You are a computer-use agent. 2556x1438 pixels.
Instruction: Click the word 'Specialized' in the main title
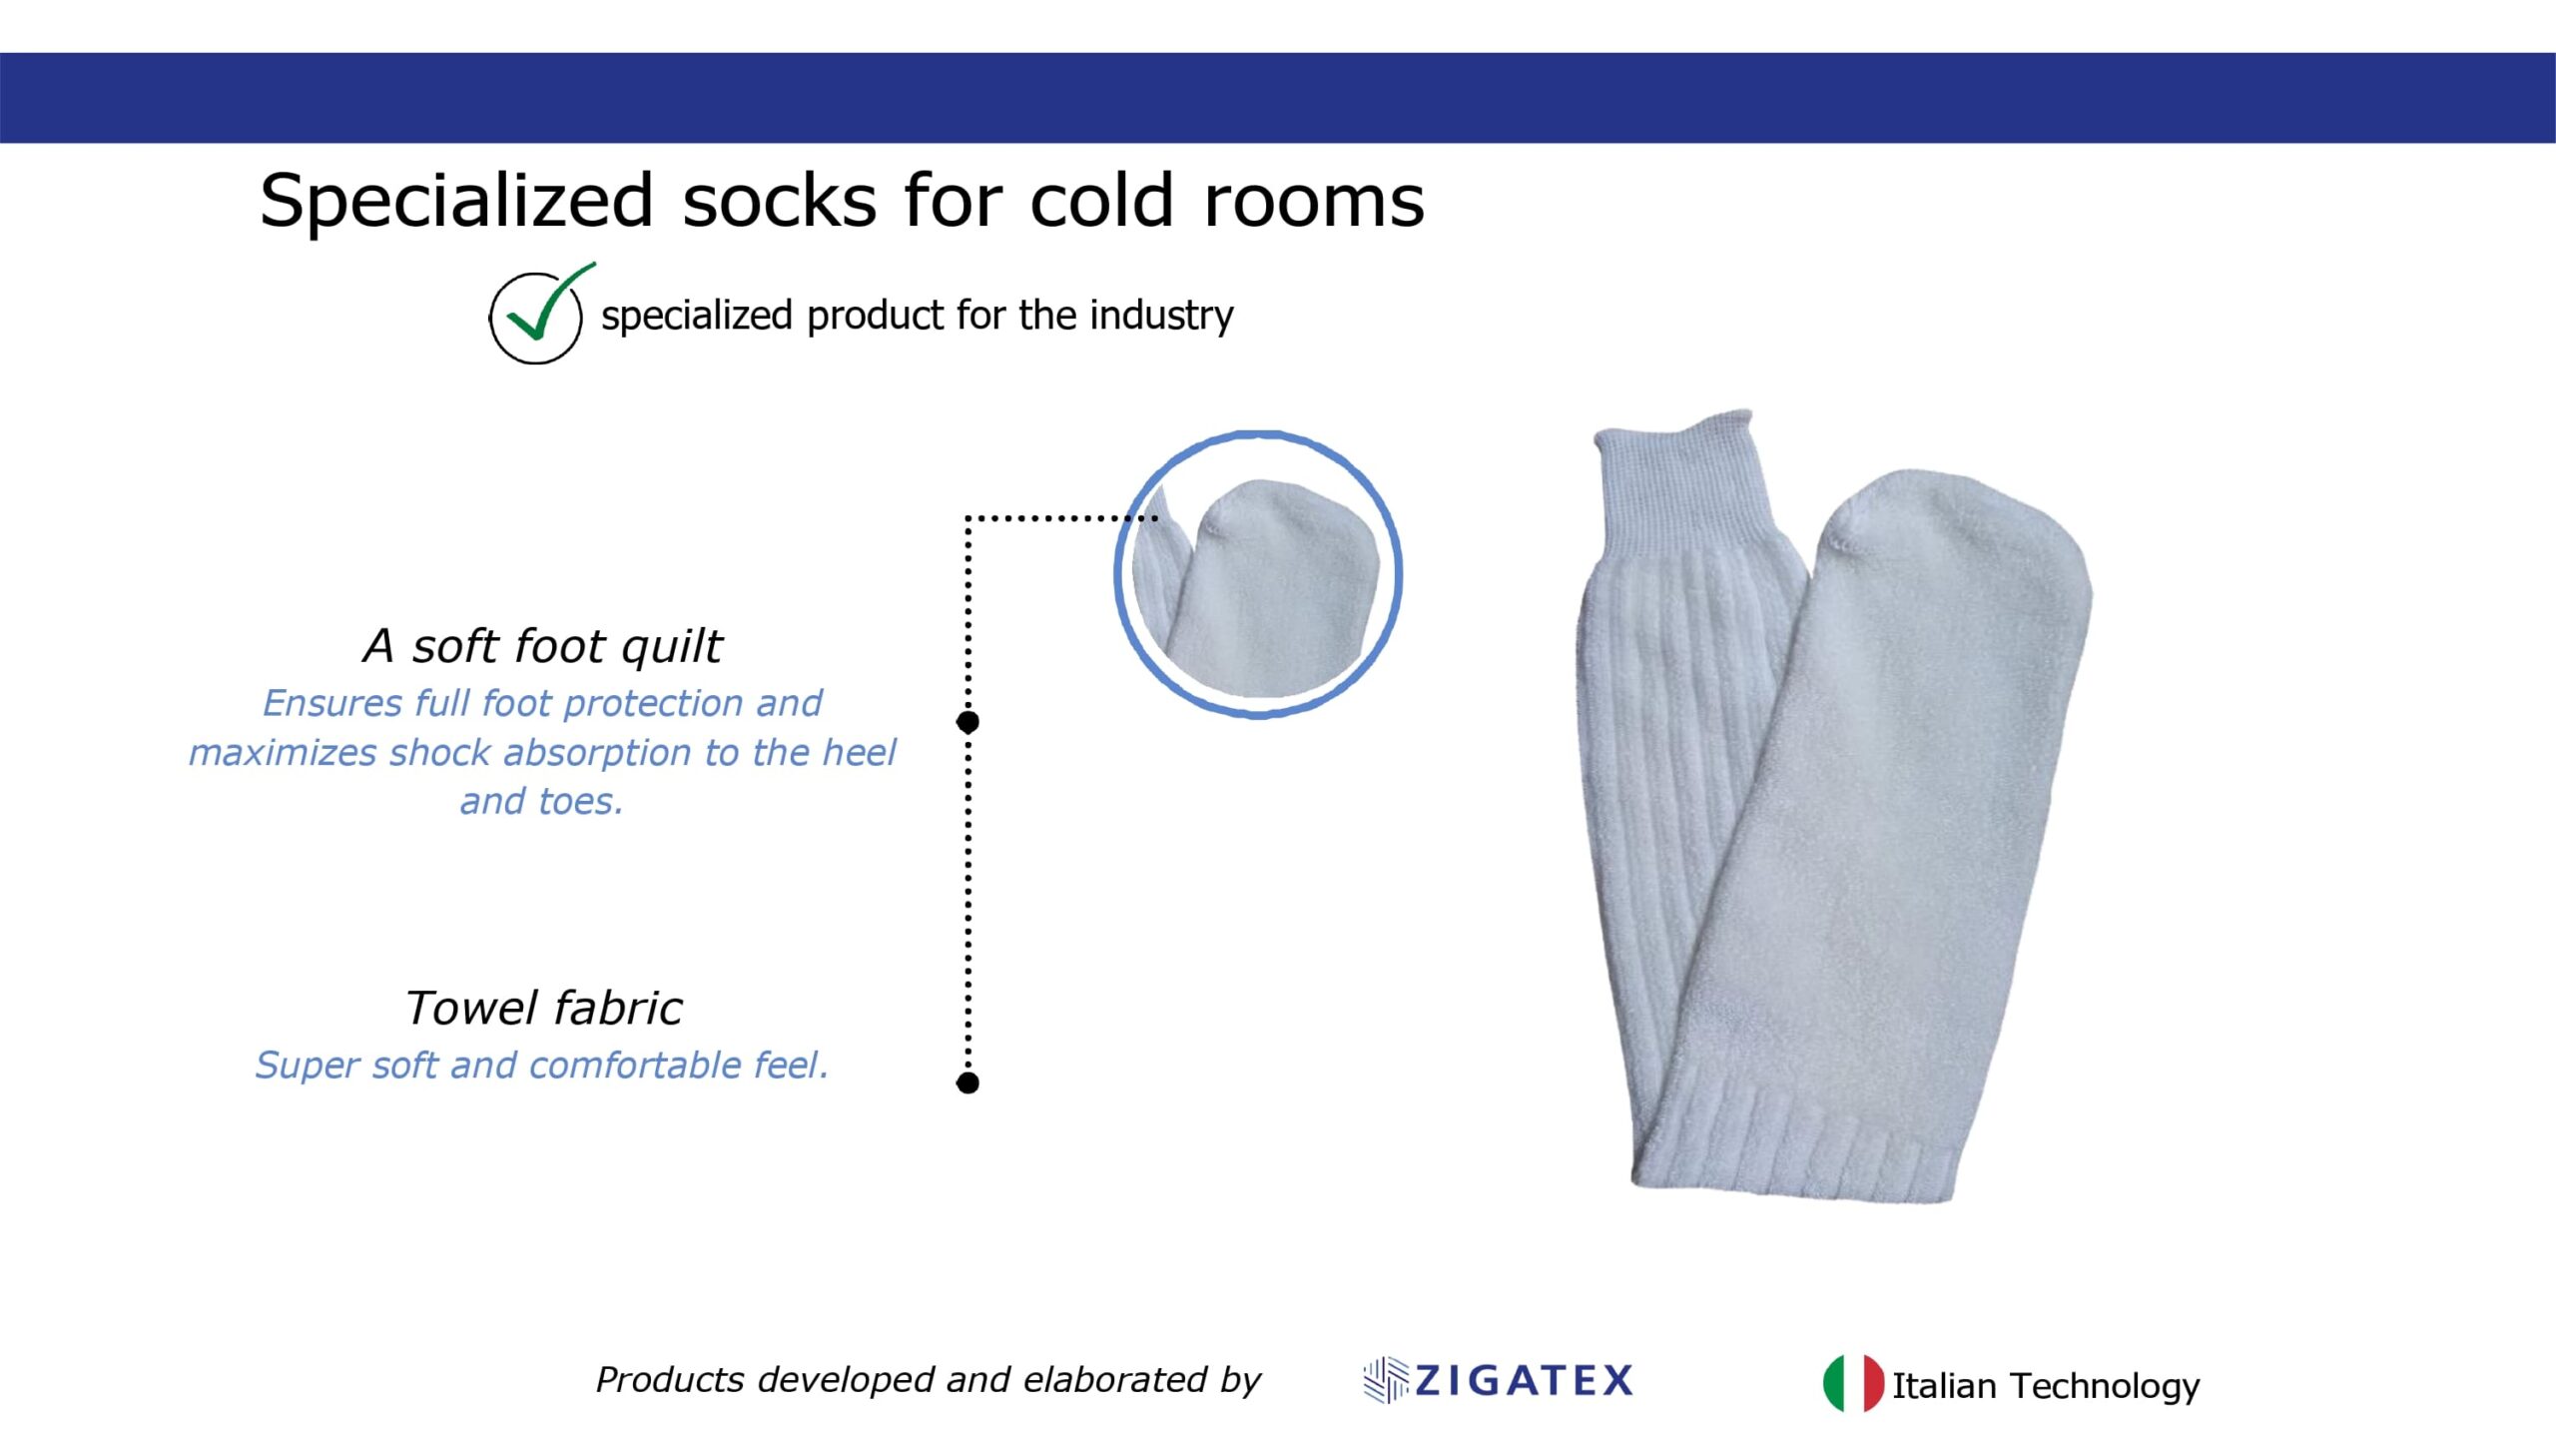click(456, 202)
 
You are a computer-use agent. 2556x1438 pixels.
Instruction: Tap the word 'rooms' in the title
click(1314, 201)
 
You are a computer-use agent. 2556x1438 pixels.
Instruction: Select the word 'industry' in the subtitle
click(1161, 316)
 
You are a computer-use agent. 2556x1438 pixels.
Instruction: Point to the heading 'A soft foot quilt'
click(542, 646)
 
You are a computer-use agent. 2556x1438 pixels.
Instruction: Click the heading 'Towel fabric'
click(544, 1008)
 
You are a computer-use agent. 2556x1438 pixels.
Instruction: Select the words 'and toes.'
click(542, 801)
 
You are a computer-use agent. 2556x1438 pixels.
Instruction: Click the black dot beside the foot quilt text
click(967, 721)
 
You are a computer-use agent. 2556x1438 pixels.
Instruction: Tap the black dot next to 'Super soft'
click(967, 1082)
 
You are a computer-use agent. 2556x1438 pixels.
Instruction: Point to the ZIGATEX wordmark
click(1524, 1380)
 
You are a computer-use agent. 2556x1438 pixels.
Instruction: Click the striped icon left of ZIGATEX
click(1386, 1380)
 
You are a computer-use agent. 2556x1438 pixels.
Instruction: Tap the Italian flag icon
click(1853, 1383)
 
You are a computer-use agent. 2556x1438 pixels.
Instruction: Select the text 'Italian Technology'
click(2046, 1386)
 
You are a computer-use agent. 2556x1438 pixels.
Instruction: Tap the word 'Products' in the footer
click(670, 1379)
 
